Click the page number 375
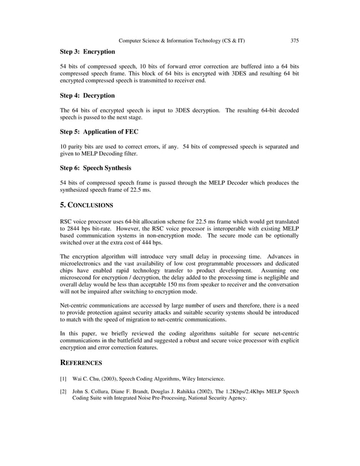point(294,41)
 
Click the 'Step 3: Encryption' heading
point(87,52)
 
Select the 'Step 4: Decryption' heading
point(87,95)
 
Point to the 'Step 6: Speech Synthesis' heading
point(95,168)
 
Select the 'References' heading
point(81,363)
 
